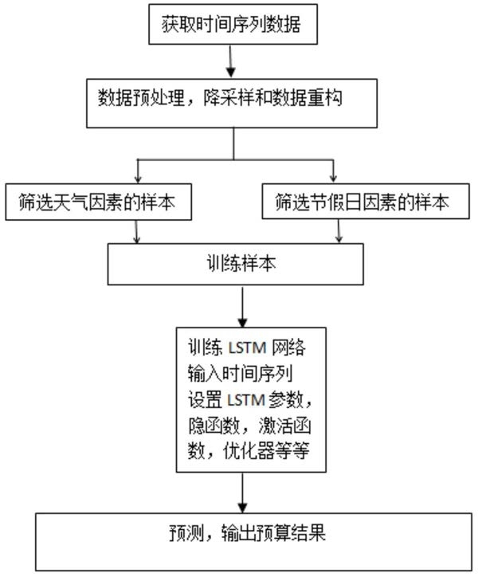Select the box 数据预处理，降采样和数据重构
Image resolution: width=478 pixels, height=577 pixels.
(x=233, y=102)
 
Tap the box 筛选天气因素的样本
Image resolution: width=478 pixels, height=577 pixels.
(x=99, y=202)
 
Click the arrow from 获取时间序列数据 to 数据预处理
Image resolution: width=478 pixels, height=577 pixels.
(x=232, y=62)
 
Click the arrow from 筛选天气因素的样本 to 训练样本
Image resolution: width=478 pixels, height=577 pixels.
(x=139, y=231)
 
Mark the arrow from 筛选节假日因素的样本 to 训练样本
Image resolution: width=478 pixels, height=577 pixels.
(x=340, y=231)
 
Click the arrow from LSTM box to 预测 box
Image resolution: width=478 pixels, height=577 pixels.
(x=243, y=494)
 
